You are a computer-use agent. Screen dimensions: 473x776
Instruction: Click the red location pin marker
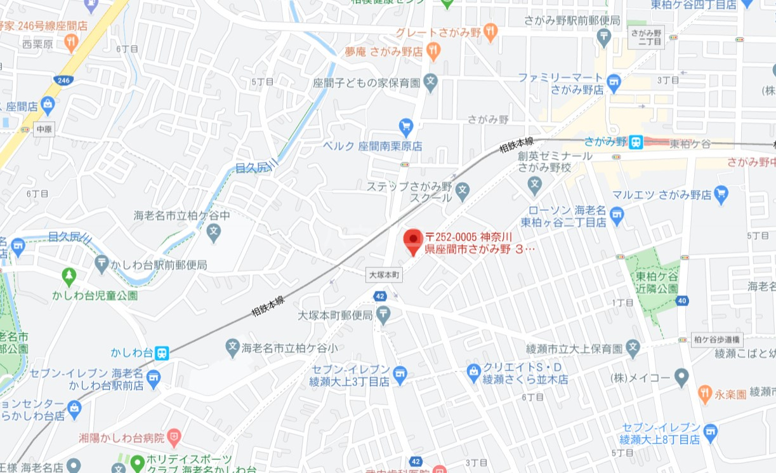pyautogui.click(x=414, y=241)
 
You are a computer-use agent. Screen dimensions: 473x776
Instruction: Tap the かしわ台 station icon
pyautogui.click(x=162, y=352)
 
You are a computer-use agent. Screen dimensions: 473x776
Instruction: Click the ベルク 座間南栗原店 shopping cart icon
pyautogui.click(x=406, y=126)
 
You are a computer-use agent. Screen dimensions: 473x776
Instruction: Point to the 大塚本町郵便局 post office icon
pyautogui.click(x=383, y=314)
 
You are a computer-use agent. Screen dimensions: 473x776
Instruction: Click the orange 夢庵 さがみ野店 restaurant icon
pyautogui.click(x=433, y=50)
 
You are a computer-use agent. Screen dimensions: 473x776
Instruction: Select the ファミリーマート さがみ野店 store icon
pyautogui.click(x=613, y=81)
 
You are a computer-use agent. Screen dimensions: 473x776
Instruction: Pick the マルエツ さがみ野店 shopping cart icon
pyautogui.click(x=721, y=194)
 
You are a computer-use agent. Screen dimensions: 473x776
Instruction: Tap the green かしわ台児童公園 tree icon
pyautogui.click(x=69, y=276)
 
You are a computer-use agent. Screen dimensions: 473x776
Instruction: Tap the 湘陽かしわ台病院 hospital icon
pyautogui.click(x=174, y=437)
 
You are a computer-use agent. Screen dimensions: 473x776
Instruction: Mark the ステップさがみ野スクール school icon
pyautogui.click(x=463, y=189)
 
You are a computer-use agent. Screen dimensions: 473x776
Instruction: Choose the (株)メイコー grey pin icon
pyautogui.click(x=681, y=377)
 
